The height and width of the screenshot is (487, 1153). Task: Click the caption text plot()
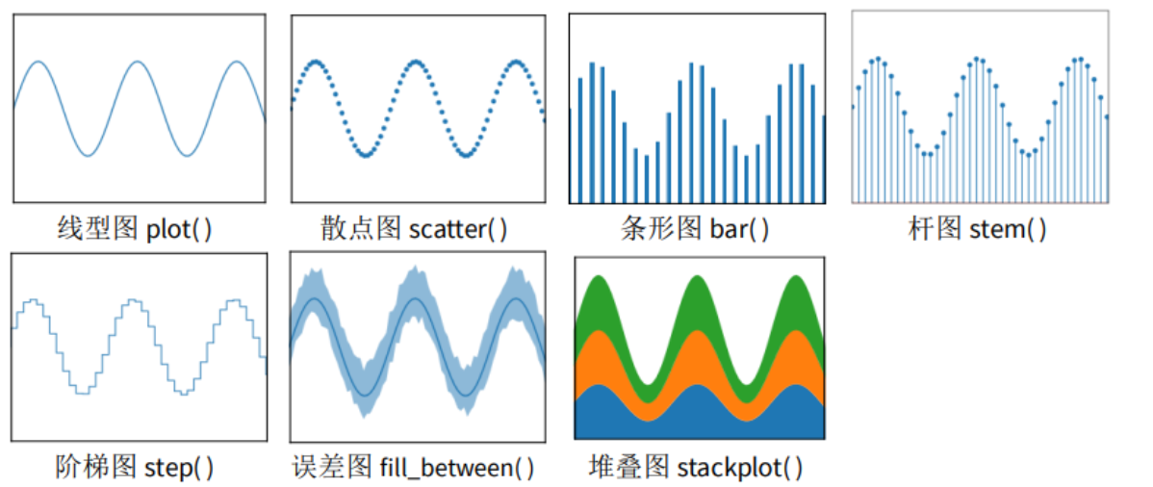179,229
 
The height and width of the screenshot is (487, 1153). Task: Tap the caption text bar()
739,229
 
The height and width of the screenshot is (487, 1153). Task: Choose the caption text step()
180,467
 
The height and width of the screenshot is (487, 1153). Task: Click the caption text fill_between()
456,467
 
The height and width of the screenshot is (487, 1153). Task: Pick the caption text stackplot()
740,467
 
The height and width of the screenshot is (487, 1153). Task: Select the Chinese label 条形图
661,229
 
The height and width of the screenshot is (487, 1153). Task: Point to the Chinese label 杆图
935,229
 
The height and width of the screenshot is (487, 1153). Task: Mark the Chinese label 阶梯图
97,467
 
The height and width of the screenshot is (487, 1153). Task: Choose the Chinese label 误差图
332,467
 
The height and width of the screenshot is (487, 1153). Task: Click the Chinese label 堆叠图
628,467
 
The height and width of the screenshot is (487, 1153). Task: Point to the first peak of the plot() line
38,62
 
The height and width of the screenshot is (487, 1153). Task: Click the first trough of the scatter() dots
365,155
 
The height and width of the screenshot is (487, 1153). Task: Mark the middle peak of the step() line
133,300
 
